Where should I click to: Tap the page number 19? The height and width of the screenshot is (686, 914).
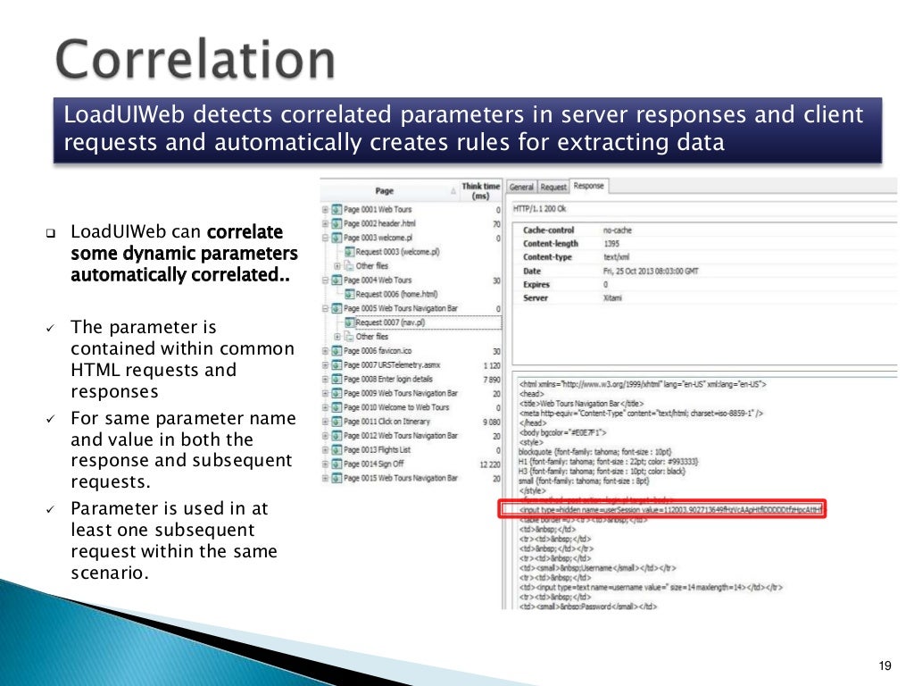(x=885, y=666)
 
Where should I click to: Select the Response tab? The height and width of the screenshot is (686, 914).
(x=588, y=186)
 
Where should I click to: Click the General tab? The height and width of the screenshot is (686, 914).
(x=521, y=187)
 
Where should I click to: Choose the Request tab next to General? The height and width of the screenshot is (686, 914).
(x=553, y=187)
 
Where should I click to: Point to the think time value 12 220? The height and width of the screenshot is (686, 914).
(x=487, y=464)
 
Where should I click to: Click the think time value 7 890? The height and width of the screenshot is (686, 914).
(x=490, y=379)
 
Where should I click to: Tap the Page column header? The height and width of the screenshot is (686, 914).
(x=384, y=190)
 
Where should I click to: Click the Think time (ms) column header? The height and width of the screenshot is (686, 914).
(x=480, y=191)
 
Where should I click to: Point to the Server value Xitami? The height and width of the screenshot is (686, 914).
(x=614, y=297)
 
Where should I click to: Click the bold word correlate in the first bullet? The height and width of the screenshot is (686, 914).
(x=244, y=232)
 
